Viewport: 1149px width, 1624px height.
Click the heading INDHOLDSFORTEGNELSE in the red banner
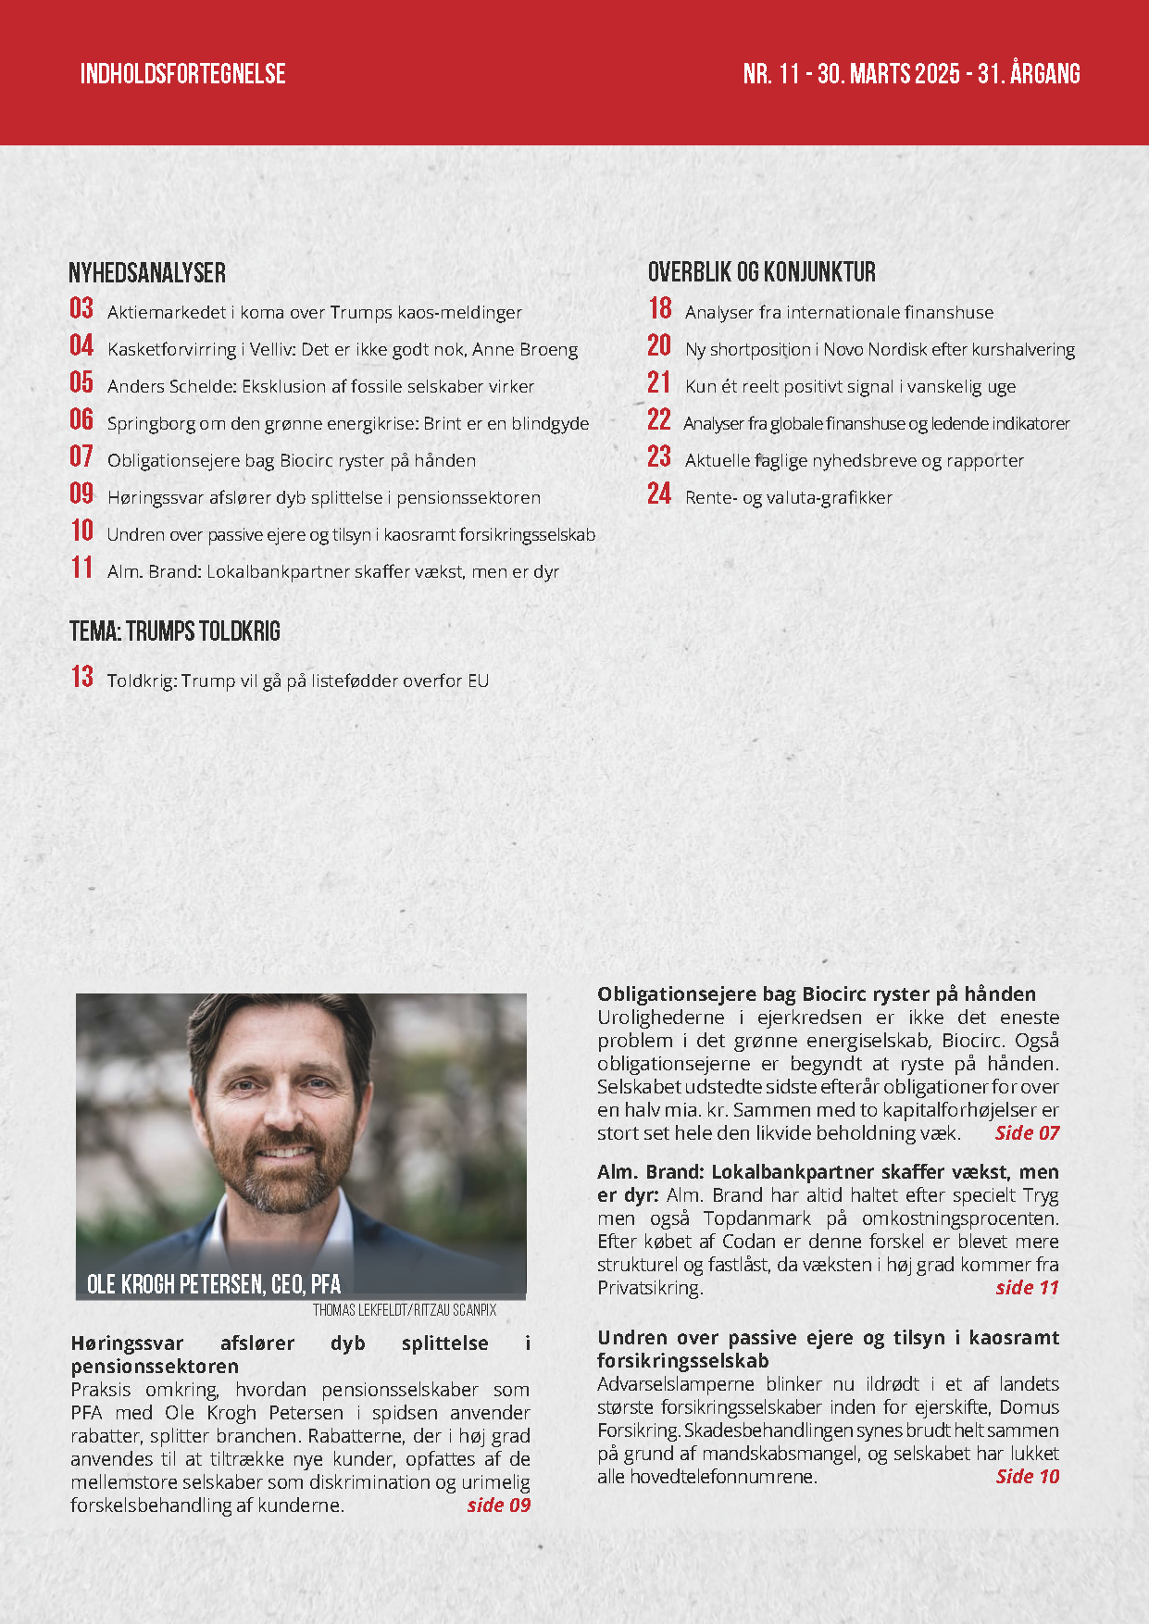(182, 74)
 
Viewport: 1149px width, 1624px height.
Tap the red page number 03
(81, 309)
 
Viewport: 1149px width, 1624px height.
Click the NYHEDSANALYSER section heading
(147, 273)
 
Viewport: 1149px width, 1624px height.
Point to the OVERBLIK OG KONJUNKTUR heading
(761, 272)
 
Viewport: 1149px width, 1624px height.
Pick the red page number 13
(82, 678)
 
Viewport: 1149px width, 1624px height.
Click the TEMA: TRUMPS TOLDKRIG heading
(175, 632)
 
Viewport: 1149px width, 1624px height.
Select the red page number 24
(659, 494)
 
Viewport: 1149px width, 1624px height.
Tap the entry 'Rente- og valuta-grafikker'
(788, 498)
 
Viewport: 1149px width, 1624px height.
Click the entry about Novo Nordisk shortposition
(880, 350)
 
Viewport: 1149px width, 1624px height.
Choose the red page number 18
(660, 309)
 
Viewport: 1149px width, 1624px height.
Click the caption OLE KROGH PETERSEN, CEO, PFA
(214, 1284)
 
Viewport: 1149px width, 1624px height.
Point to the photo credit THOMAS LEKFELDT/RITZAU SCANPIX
(405, 1310)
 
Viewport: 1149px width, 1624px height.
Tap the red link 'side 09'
(498, 1505)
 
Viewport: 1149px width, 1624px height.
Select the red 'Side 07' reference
(1027, 1133)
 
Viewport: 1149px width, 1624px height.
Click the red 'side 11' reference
(1027, 1288)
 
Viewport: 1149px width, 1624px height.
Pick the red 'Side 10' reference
(1027, 1477)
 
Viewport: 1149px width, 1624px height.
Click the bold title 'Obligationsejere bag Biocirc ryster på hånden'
(817, 994)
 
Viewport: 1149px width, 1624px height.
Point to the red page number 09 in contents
(81, 494)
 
